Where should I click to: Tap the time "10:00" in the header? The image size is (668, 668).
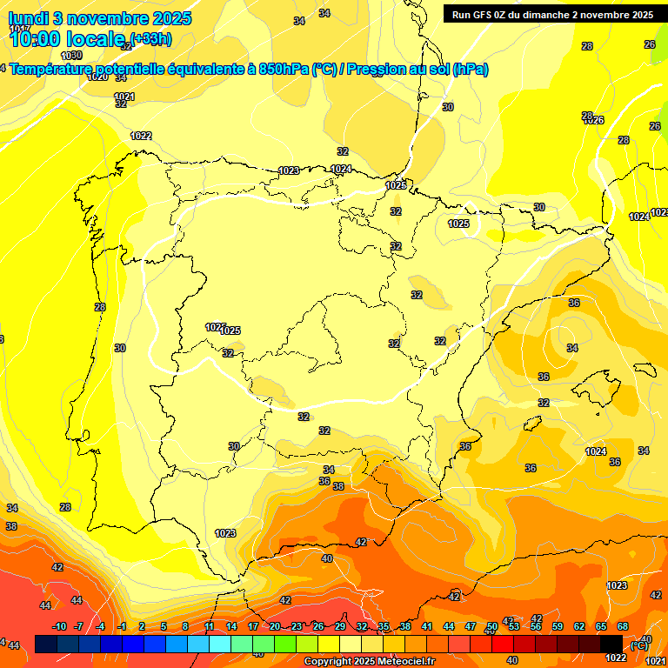35,38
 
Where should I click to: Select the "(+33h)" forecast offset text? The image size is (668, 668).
150,38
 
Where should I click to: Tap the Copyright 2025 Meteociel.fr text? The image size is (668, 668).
370,662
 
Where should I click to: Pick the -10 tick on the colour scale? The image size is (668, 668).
59,626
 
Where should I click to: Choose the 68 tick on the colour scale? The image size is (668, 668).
623,626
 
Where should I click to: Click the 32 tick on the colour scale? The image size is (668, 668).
362,626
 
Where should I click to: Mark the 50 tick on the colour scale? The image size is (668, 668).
492,626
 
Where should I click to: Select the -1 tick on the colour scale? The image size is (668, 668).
123,626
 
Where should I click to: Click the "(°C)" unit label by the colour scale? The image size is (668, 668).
639,645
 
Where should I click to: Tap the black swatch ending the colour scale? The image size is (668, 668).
611,645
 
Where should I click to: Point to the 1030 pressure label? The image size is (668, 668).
72,55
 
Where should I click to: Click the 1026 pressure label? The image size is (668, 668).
594,120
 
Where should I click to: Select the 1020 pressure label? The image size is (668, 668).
97,77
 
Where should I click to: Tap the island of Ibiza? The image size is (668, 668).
530,424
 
